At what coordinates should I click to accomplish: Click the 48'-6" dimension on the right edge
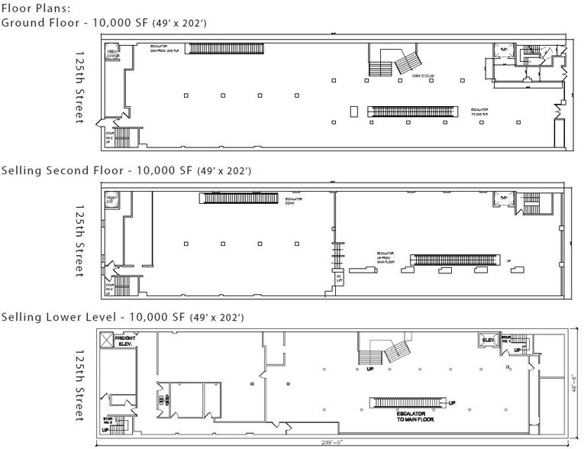pyautogui.click(x=578, y=380)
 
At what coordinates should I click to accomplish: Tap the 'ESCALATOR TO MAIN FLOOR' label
pyautogui.click(x=411, y=418)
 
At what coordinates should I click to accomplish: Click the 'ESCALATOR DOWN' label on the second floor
pyautogui.click(x=295, y=199)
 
